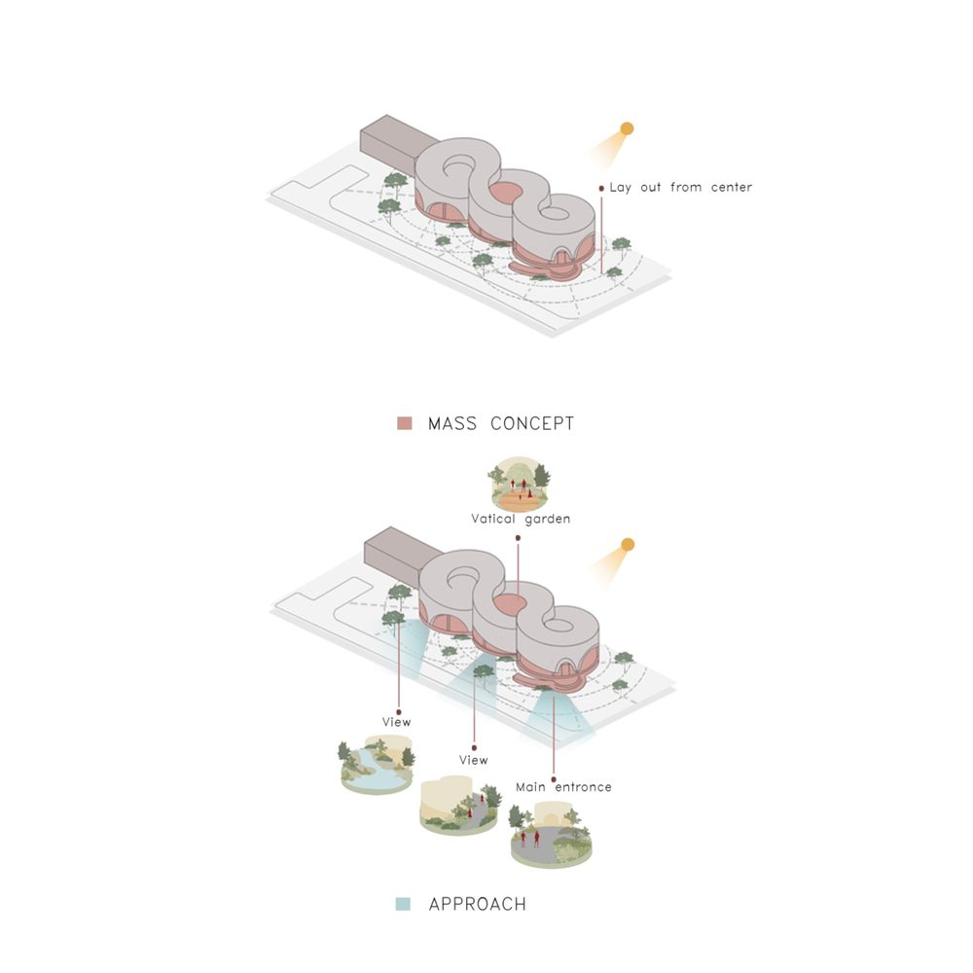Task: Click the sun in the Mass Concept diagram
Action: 627,128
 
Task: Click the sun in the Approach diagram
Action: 628,545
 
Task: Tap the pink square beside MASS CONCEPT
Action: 405,423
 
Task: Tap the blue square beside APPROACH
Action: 404,904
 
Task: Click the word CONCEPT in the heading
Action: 532,423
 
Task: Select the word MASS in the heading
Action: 452,423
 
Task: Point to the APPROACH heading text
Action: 477,904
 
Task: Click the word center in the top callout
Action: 732,187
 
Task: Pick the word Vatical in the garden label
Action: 493,519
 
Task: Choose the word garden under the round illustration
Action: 547,520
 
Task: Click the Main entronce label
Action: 563,787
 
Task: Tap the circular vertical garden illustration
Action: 520,484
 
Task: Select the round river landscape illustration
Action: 376,764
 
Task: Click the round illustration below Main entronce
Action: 551,834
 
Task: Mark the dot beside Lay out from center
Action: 601,188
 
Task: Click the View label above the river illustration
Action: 397,722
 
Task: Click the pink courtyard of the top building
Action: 507,193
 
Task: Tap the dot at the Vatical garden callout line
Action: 519,538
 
